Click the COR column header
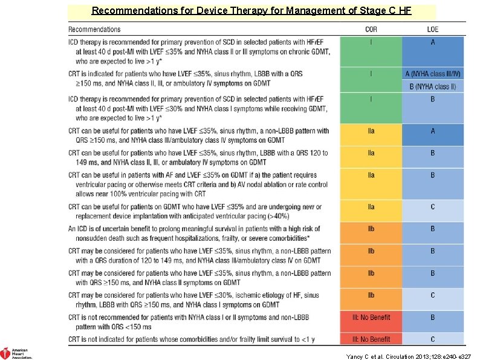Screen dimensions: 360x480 (x=371, y=29)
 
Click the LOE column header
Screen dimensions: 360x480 (x=432, y=29)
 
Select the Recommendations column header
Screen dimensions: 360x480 (x=94, y=29)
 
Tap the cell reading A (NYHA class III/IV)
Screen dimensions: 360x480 (x=432, y=74)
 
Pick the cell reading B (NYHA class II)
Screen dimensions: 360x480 (x=432, y=87)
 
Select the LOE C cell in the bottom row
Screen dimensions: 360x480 (x=432, y=339)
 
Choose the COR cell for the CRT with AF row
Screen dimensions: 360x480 (x=371, y=175)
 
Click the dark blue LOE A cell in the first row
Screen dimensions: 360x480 (x=432, y=42)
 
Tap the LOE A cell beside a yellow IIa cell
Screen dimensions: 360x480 (x=432, y=131)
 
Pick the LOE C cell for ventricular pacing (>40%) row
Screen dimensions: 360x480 (x=432, y=207)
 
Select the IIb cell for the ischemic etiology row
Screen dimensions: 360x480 (x=371, y=295)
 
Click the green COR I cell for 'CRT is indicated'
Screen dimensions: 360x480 (x=371, y=74)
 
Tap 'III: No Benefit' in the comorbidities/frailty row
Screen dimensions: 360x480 (x=371, y=339)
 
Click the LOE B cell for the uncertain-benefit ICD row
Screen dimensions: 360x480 (x=432, y=229)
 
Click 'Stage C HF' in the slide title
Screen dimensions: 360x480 (x=390, y=10)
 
